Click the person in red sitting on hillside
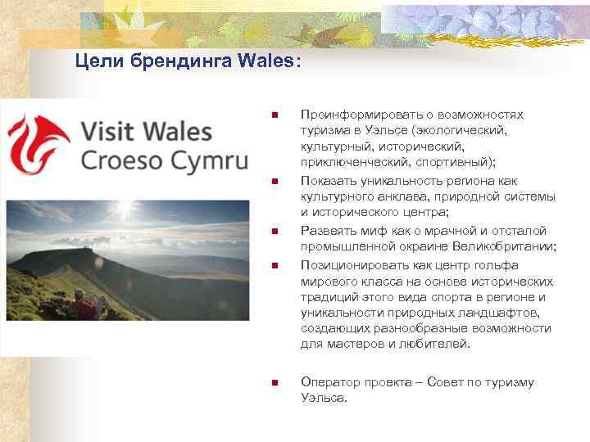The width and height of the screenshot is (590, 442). pos(84,307)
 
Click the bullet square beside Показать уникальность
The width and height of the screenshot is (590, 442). pos(275,181)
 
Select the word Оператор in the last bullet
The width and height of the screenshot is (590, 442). pos(331,382)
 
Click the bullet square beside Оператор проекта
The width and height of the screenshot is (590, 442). pos(275,382)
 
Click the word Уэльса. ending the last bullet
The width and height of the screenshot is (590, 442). pos(324,398)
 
